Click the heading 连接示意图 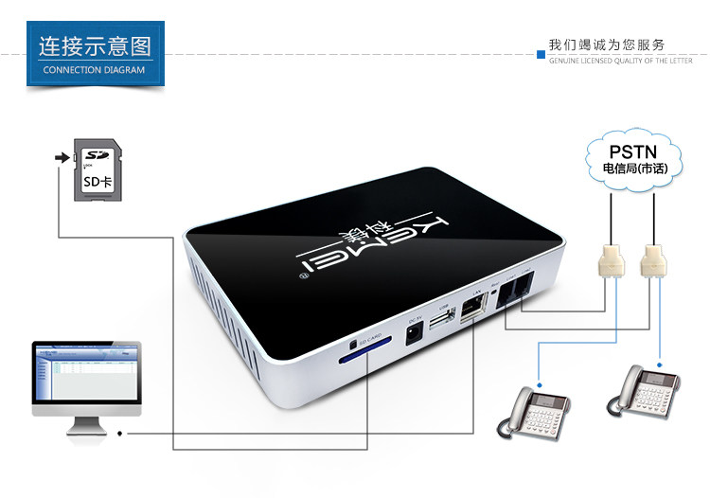tap(95, 46)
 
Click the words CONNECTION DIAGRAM tap(95, 69)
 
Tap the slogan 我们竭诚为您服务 tap(607, 44)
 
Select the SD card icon tap(97, 170)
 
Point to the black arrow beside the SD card tap(63, 157)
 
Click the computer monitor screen tap(86, 375)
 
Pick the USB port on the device tap(441, 325)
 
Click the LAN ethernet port tap(472, 314)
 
